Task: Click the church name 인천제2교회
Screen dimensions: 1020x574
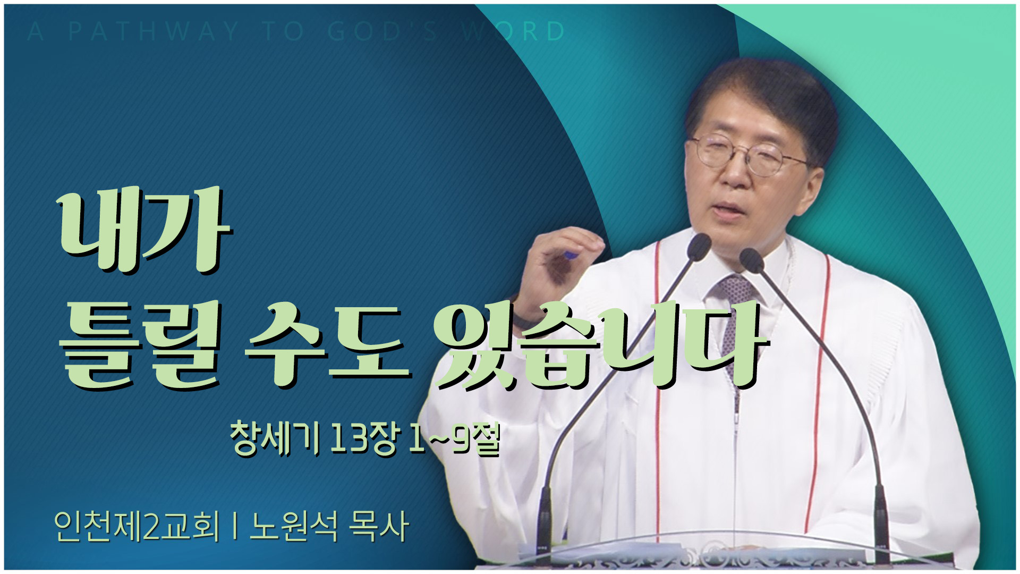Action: tap(137, 526)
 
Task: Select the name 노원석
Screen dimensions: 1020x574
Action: tap(293, 526)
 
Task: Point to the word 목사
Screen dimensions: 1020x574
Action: tap(379, 526)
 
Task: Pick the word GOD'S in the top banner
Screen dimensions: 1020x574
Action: tap(383, 31)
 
